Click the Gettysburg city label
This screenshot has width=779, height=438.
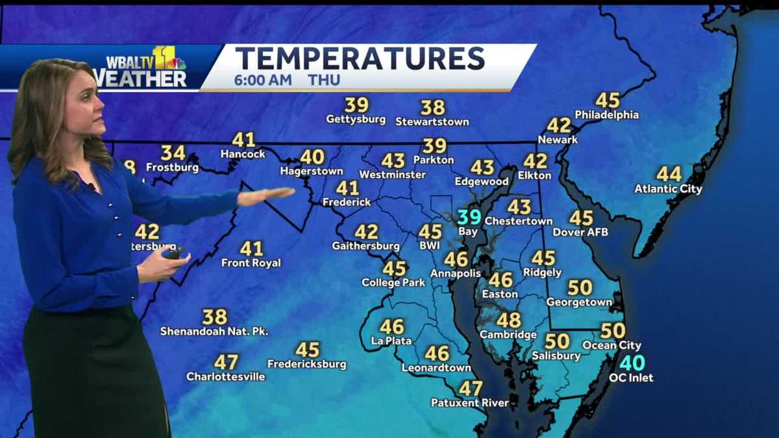click(x=356, y=119)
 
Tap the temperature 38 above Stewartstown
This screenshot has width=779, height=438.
click(x=432, y=107)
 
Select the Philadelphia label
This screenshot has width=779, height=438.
click(x=607, y=115)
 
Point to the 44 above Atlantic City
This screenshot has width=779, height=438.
click(x=669, y=174)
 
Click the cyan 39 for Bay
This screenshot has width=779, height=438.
click(x=469, y=217)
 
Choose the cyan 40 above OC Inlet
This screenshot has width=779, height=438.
click(x=632, y=363)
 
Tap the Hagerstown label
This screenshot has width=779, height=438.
click(x=312, y=171)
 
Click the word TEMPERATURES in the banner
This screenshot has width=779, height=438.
click(x=360, y=59)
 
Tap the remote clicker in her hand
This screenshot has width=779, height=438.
click(x=174, y=252)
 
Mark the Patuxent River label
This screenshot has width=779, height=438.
click(x=470, y=403)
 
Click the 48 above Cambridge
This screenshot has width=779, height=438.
click(x=509, y=320)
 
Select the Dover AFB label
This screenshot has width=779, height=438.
click(x=580, y=232)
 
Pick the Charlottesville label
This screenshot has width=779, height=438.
click(x=226, y=376)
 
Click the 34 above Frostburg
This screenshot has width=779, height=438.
click(x=173, y=153)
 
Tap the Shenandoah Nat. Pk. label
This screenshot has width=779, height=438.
click(x=214, y=331)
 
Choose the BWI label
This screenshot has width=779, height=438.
click(x=430, y=246)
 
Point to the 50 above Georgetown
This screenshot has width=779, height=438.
click(x=580, y=287)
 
